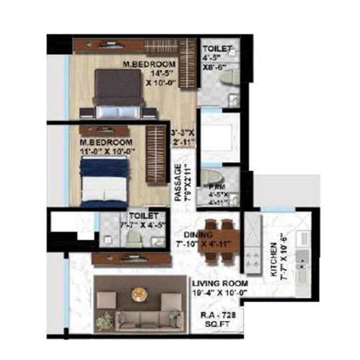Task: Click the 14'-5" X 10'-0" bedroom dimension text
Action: [x=160, y=79]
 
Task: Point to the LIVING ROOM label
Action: [x=220, y=283]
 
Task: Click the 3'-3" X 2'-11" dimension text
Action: [x=183, y=136]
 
